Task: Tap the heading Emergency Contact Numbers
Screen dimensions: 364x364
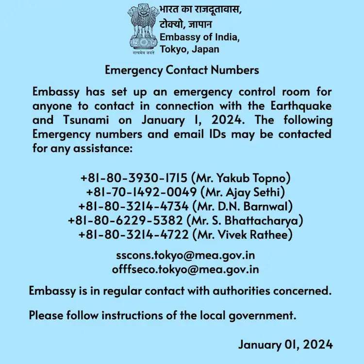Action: coord(182,70)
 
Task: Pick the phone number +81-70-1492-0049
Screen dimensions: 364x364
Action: coord(140,192)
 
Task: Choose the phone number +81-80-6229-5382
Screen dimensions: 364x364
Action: coord(125,221)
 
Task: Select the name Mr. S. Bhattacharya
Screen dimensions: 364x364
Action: coord(245,221)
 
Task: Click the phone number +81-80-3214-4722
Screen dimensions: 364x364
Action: coord(132,235)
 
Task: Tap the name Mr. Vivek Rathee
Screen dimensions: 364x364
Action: coord(243,235)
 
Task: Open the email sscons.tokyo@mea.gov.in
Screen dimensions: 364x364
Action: coord(186,255)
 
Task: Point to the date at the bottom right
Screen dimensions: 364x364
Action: coord(285,345)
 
